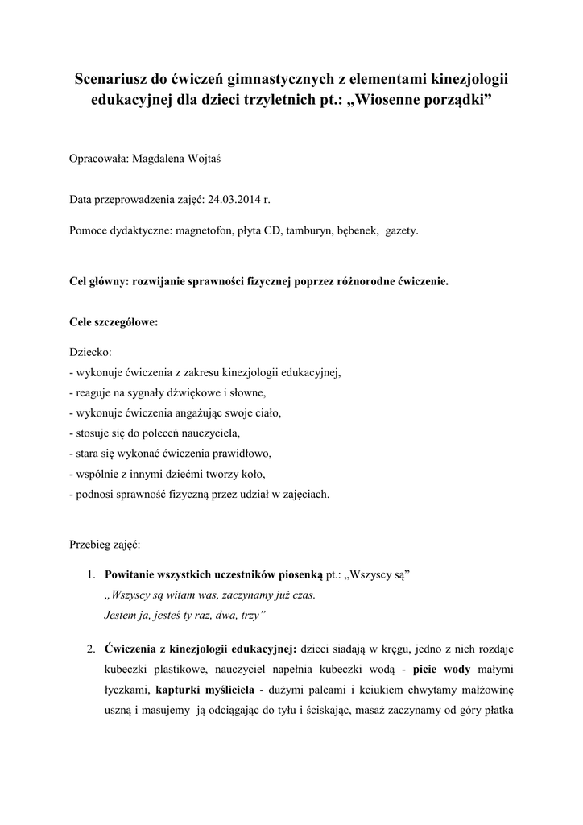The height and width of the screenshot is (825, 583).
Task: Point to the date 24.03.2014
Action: pos(235,199)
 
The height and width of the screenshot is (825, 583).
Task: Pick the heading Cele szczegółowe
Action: pos(114,322)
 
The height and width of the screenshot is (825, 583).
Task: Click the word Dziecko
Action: pos(91,352)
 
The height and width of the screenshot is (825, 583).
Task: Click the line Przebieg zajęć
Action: pos(105,544)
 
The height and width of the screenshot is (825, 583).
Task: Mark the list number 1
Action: pos(91,574)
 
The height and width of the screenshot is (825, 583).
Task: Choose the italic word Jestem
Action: pos(122,615)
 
